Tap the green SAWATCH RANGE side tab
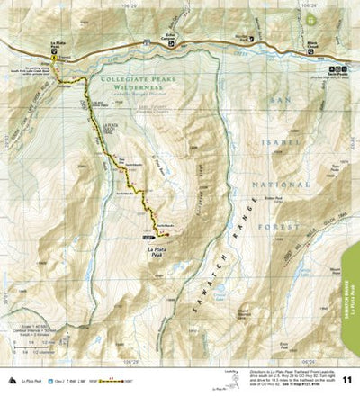pyautogui.click(x=352, y=288)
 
